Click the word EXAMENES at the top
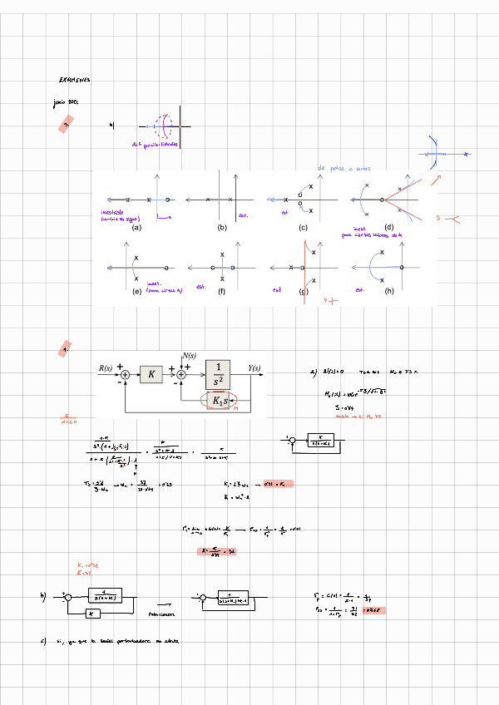pos(74,81)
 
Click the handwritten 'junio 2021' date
pos(65,104)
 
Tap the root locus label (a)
pos(136,227)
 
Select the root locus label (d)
pos(388,227)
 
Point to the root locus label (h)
pos(389,291)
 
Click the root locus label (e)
pos(136,291)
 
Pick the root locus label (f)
pos(222,291)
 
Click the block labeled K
pos(151,375)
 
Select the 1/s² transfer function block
pos(219,375)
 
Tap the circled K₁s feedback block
pos(219,401)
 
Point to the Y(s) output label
pos(254,368)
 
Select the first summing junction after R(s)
pos(125,376)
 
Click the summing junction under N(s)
pos(182,376)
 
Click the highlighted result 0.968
pos(375,609)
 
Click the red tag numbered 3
pos(66,125)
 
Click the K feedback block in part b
pos(93,613)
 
